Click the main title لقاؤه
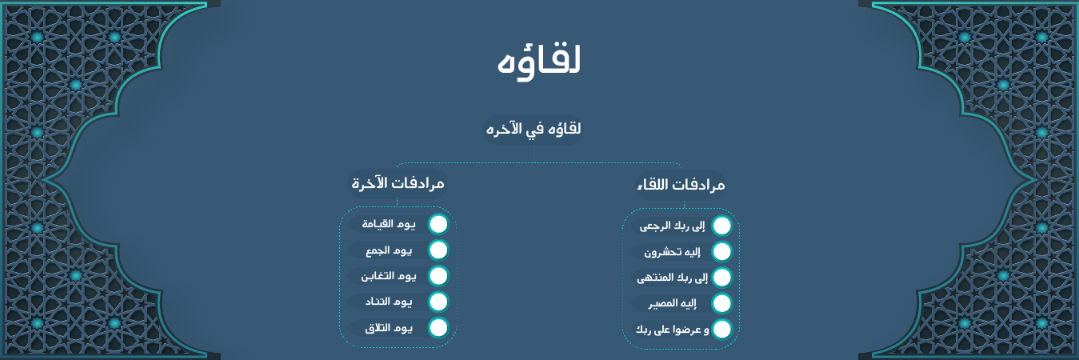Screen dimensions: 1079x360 coord(539,62)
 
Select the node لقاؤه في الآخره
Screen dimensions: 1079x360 coord(534,129)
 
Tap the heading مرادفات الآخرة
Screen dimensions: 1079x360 coord(398,184)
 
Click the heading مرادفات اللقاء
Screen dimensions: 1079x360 coord(681,185)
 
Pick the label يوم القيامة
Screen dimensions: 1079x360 coord(389,224)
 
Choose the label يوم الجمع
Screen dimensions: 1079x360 coord(389,250)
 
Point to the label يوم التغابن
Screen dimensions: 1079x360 coord(389,276)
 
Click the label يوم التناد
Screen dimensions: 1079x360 coord(389,302)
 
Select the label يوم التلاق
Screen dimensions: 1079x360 coord(389,328)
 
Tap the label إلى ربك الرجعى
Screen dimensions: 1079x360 coord(672,226)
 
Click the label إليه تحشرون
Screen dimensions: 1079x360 coord(672,252)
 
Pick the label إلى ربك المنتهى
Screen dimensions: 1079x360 coord(673,278)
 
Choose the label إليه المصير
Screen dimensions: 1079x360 coord(672,304)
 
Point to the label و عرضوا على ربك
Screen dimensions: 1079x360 coord(673,330)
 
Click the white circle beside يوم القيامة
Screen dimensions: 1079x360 coord(438,225)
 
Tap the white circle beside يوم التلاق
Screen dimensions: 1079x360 coord(438,328)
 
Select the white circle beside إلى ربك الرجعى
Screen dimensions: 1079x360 coord(721,226)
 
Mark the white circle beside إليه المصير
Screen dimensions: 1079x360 coord(721,304)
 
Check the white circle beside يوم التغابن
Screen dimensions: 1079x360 coord(438,276)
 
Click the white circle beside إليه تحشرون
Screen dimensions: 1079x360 coord(721,252)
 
